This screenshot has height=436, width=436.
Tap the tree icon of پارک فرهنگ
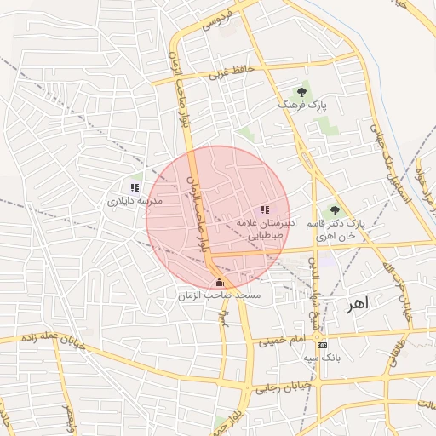pyautogui.click(x=301, y=90)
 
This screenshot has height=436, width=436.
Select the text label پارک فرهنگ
pyautogui.click(x=302, y=105)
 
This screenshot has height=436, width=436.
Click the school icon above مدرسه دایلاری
pyautogui.click(x=135, y=186)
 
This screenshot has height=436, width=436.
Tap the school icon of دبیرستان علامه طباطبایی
pyautogui.click(x=265, y=209)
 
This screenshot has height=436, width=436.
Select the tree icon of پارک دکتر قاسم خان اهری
pyautogui.click(x=334, y=209)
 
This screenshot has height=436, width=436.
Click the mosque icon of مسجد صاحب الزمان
pyautogui.click(x=219, y=282)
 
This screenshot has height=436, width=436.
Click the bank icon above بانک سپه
pyautogui.click(x=321, y=345)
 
